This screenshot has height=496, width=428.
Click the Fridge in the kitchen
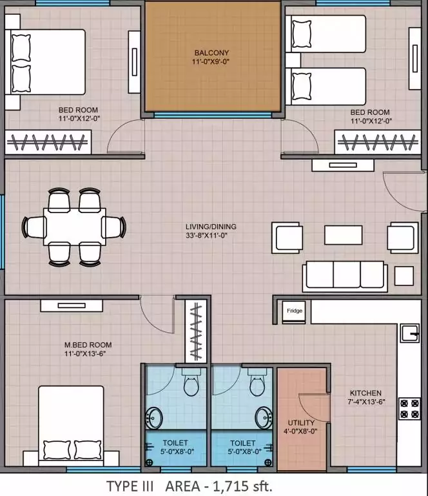tap(294, 312)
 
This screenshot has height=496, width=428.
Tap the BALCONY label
tap(211, 53)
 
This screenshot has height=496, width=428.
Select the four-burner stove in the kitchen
tap(409, 408)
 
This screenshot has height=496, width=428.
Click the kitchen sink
tap(410, 333)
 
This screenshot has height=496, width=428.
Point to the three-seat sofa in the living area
tap(345, 276)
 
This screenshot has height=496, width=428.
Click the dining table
tap(75, 227)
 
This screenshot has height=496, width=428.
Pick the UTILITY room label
tap(301, 422)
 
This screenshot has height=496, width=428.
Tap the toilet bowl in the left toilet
tap(191, 383)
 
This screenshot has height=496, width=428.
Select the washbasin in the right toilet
tap(264, 418)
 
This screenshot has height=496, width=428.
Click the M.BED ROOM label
tap(88, 345)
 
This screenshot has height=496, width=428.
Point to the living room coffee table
tap(343, 235)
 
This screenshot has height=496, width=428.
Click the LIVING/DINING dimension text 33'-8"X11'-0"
tap(206, 235)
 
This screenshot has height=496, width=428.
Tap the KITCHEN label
tap(365, 393)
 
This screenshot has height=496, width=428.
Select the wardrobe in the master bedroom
tap(196, 331)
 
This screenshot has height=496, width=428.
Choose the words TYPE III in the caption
tap(130, 486)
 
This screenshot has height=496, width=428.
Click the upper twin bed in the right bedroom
tap(326, 34)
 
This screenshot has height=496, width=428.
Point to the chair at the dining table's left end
tap(34, 227)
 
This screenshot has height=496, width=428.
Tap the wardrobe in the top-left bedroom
tap(48, 142)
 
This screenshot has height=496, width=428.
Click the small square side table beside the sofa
tap(404, 276)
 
